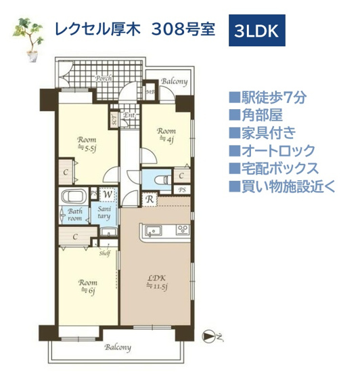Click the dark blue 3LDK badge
258,31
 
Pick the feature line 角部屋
260,116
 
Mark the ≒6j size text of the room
86,291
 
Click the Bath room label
74,215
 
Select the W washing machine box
107,194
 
